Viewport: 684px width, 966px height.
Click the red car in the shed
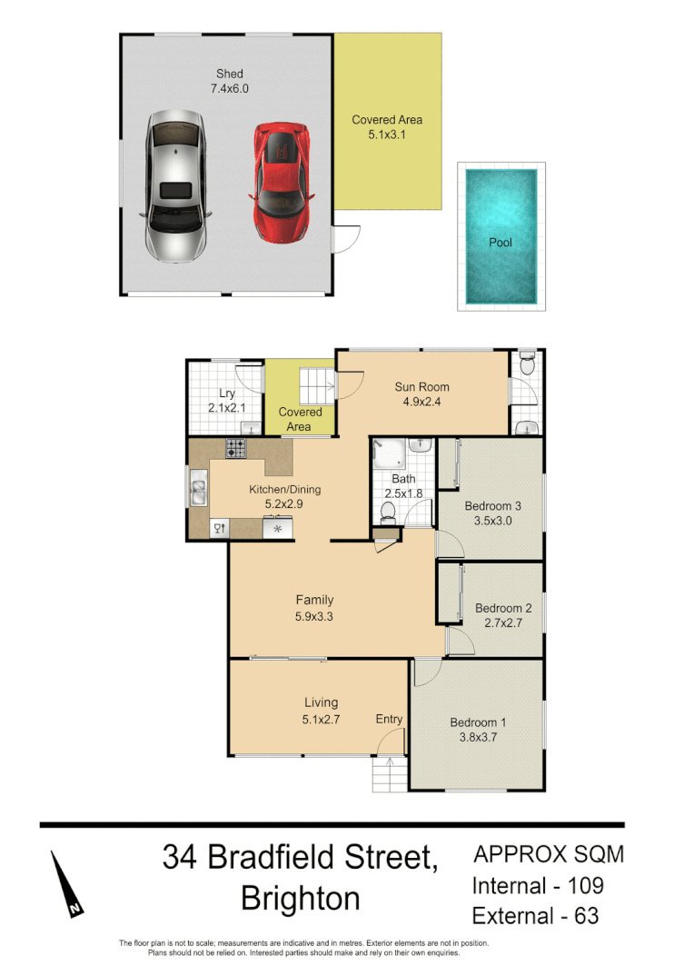(x=282, y=183)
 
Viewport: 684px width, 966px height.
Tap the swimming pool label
(x=501, y=243)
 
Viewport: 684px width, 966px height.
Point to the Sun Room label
(x=421, y=387)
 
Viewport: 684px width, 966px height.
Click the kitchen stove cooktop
(x=236, y=447)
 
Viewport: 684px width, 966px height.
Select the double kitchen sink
(x=198, y=492)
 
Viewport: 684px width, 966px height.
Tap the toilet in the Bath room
(x=387, y=513)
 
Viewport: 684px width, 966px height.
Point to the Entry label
(x=389, y=720)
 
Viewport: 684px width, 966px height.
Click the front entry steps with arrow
(x=389, y=774)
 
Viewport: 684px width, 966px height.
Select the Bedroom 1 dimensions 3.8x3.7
(x=478, y=738)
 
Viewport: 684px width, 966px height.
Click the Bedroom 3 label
(x=492, y=506)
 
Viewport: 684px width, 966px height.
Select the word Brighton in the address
(x=300, y=899)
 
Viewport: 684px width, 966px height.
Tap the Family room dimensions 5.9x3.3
(x=314, y=615)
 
